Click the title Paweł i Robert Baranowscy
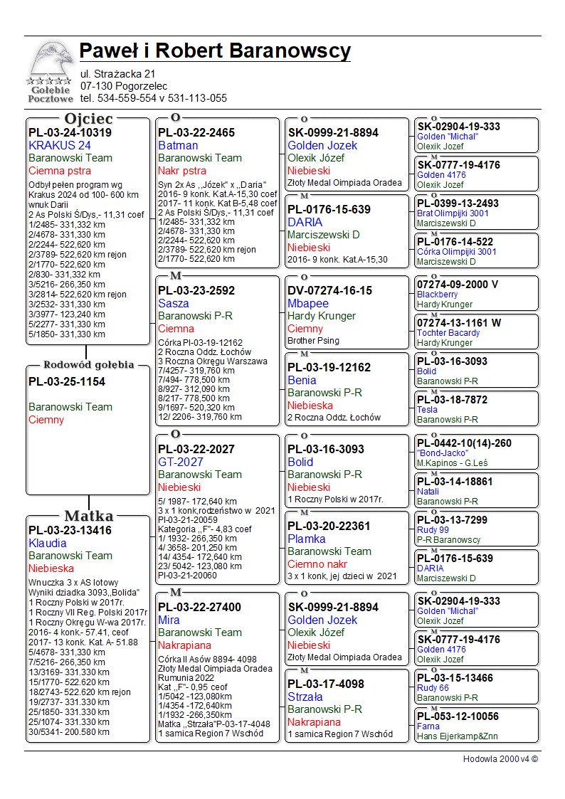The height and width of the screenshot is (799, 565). pos(215,51)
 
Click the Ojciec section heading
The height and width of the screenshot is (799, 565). pos(88,119)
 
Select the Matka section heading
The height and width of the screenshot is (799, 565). pos(88,517)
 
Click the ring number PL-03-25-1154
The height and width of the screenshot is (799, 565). pos(67,382)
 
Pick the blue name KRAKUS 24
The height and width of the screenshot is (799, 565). pos(60,146)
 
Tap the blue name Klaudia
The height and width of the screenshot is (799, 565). pos(48,544)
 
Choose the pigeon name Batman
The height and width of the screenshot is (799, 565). pos(178,146)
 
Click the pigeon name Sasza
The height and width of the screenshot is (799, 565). pos(174,304)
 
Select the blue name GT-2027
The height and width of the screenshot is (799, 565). pos(181,462)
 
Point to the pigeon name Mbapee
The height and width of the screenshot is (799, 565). pos(308,304)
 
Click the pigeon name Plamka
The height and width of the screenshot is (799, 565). pos(307,539)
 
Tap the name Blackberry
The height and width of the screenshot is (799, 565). pos(437,295)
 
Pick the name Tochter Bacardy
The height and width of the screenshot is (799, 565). pos(448,333)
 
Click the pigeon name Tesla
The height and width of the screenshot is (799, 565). pos(427,410)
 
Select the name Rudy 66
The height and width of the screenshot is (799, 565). pos(433,688)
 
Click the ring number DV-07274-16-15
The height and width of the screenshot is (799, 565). pos(330,291)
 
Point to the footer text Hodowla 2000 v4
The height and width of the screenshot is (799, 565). pos(500,759)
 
